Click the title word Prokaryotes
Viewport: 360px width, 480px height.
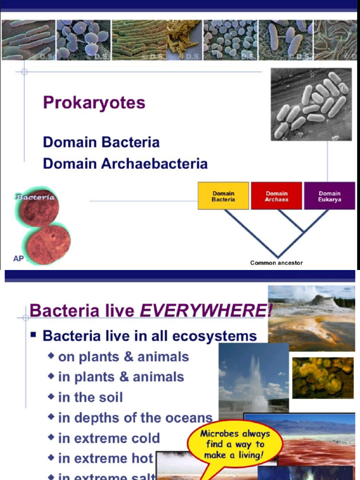[x=94, y=103]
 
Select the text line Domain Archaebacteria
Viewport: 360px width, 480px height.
[x=125, y=164]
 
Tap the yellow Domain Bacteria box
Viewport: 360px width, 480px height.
[x=223, y=196]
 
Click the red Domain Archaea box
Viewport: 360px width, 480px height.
[x=277, y=196]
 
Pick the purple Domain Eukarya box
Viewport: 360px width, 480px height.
[x=330, y=196]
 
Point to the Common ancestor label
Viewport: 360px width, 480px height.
[x=276, y=263]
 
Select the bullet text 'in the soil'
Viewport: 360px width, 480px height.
[x=90, y=397]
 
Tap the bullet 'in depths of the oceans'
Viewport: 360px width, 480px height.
[x=135, y=418]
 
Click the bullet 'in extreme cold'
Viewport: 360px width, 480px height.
[x=109, y=438]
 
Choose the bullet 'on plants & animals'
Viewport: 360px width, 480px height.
[x=123, y=357]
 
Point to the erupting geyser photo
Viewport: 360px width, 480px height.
[x=253, y=377]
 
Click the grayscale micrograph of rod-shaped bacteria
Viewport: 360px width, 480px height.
[x=311, y=104]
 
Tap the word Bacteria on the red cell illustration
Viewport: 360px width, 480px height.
[x=36, y=197]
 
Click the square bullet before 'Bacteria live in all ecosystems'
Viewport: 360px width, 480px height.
[x=33, y=336]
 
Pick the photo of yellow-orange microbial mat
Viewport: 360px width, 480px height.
[x=322, y=378]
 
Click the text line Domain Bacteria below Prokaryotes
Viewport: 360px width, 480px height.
[x=101, y=142]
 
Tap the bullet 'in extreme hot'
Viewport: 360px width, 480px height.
[x=105, y=458]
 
